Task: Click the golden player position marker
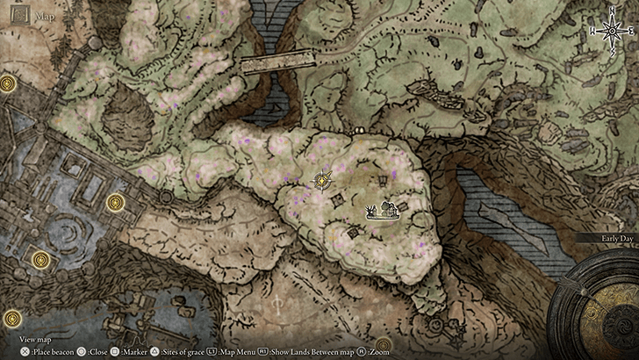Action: (x=323, y=180)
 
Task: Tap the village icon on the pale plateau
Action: (x=382, y=211)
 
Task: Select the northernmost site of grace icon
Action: (x=9, y=83)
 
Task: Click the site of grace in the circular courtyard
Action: (x=40, y=260)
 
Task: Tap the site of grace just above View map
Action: (x=11, y=319)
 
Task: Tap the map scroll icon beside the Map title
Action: (x=18, y=14)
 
